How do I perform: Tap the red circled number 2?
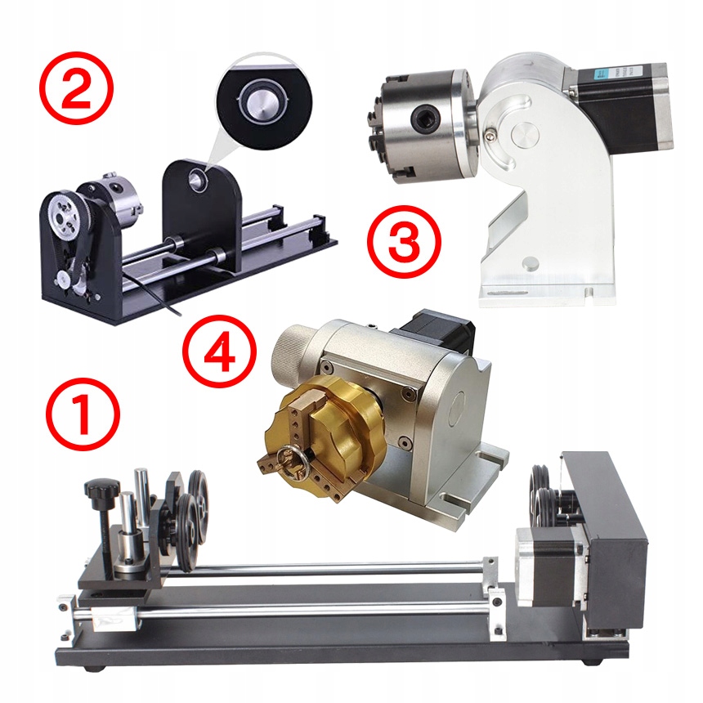76,87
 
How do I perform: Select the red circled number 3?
405,241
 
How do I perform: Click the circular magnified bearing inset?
263,104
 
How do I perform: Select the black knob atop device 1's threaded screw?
103,486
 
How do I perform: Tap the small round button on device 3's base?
531,263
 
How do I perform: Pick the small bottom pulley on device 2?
63,280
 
